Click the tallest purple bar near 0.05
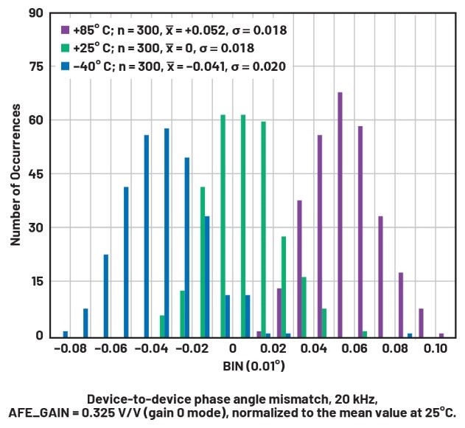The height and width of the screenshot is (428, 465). (340, 214)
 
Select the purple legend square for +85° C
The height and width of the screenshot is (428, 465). (65, 30)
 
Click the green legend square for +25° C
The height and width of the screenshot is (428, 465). (65, 48)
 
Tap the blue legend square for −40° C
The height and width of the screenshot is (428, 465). (65, 66)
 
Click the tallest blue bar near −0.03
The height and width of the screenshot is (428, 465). (167, 232)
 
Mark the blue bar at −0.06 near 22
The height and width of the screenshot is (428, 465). (106, 295)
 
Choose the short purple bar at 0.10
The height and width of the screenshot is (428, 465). (441, 335)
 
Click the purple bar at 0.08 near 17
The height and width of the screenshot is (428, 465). (401, 304)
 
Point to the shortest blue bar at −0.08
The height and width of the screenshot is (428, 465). (66, 334)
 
